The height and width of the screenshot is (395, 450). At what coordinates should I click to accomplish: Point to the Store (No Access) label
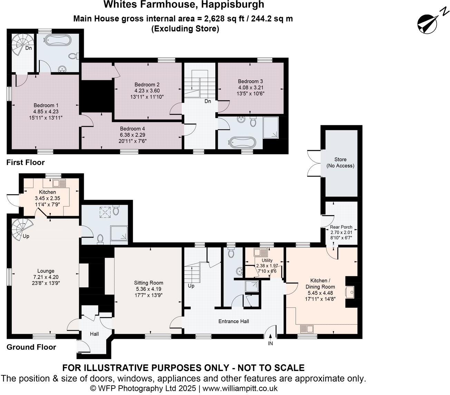point(340,163)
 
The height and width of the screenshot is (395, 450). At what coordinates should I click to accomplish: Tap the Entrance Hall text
point(234,321)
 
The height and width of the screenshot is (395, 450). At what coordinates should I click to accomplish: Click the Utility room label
point(267,260)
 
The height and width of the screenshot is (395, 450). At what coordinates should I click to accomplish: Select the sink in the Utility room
point(258,252)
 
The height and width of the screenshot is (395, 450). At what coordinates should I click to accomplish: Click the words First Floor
point(26,162)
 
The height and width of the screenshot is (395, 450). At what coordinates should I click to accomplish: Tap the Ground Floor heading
point(31,347)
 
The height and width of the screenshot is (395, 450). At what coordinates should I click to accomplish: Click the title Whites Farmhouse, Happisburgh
point(184,4)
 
